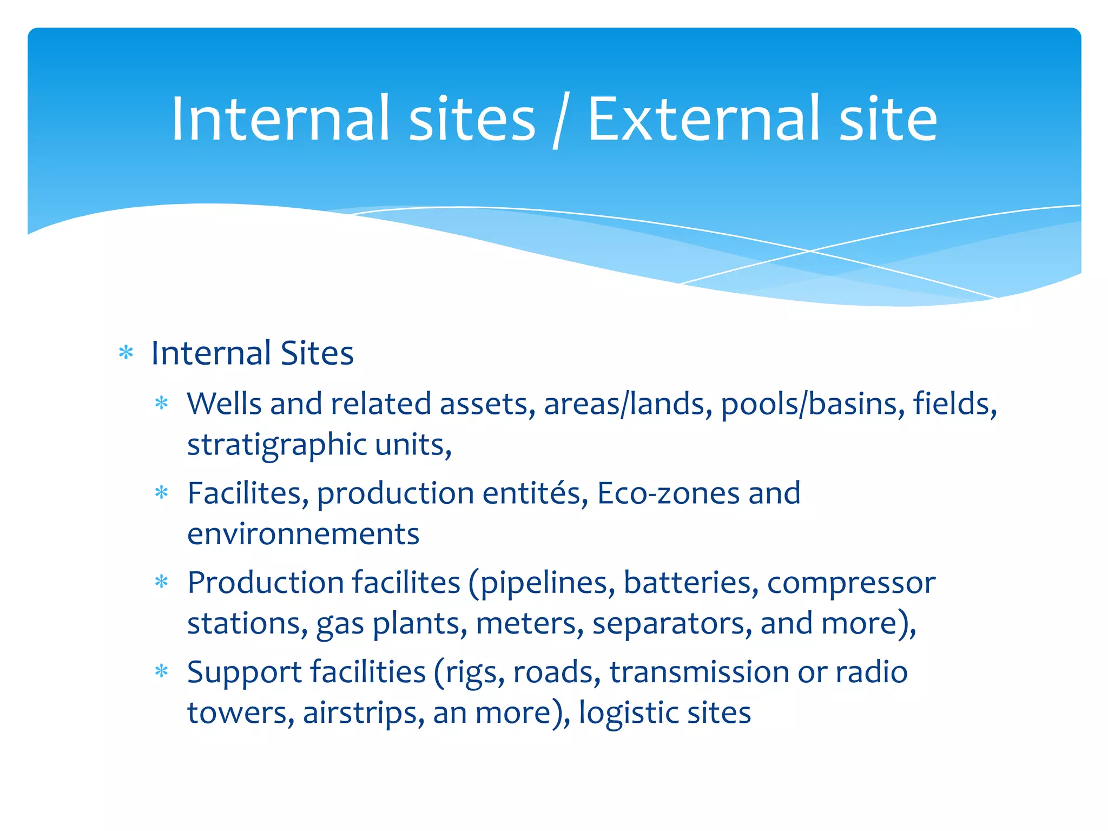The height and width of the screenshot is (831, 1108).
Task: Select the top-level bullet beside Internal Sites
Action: [x=126, y=353]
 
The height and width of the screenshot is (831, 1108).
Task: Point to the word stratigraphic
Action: [x=277, y=445]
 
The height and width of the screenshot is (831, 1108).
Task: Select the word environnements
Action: [x=303, y=534]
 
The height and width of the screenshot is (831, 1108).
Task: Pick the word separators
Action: [x=671, y=624]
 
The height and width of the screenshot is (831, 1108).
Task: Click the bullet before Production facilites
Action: [x=162, y=583]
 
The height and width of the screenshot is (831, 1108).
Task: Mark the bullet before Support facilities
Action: [x=162, y=672]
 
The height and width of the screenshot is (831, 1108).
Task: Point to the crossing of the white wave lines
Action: [x=810, y=251]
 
